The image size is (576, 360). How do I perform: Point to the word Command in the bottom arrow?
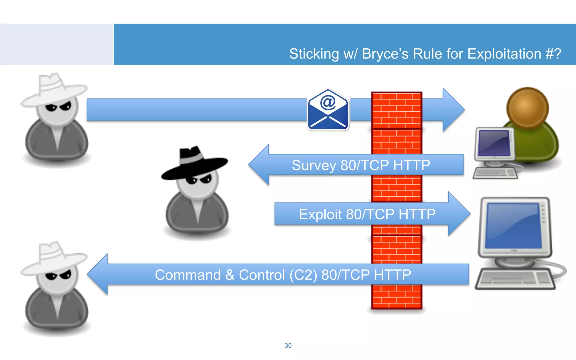[188, 275]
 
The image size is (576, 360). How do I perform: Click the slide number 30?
[288, 346]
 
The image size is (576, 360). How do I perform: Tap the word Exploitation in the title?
[504, 54]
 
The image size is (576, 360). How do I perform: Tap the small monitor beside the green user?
[494, 143]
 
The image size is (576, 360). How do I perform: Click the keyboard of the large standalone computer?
[515, 278]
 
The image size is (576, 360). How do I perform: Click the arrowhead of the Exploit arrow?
[458, 214]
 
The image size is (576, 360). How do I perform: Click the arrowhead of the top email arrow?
[453, 110]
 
